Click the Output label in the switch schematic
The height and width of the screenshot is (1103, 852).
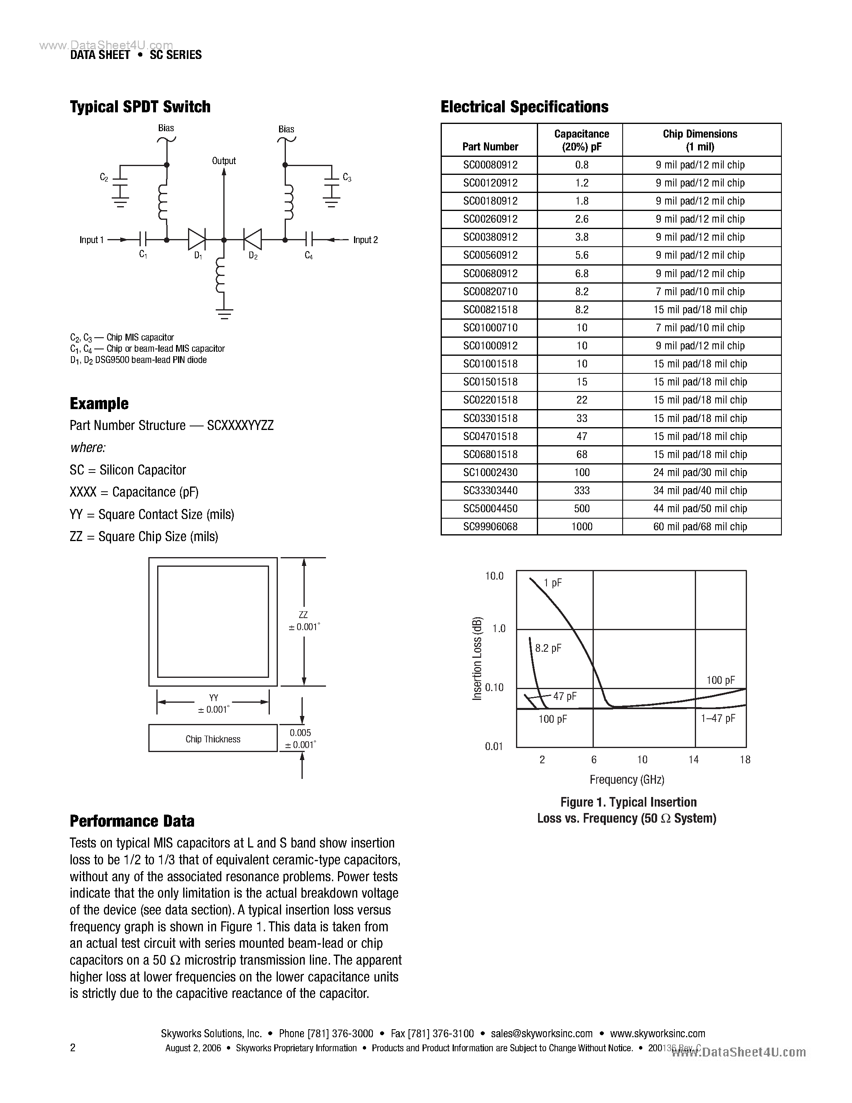pos(224,160)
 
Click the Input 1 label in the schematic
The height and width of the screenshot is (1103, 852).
pos(91,240)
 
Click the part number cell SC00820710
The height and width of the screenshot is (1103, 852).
pos(490,292)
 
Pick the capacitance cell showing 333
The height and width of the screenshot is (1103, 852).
pos(581,491)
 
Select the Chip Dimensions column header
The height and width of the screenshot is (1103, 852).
pos(700,140)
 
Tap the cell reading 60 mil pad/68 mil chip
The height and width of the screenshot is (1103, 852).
pos(700,526)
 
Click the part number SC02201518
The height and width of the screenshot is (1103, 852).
pos(490,400)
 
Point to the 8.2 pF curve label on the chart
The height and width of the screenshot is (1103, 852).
pos(548,648)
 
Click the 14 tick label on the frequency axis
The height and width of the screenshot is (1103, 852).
pos(694,760)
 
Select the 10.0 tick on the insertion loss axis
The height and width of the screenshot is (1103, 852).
pos(494,576)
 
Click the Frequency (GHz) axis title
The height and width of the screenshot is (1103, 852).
pos(627,779)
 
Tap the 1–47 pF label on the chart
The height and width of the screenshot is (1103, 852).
pos(718,718)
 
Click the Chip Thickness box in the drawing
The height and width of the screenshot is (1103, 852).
pos(212,739)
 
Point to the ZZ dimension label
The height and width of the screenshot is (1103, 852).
pos(303,614)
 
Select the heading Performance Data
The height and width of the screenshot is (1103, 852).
pos(132,821)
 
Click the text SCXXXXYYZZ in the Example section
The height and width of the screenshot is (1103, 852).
pos(240,425)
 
